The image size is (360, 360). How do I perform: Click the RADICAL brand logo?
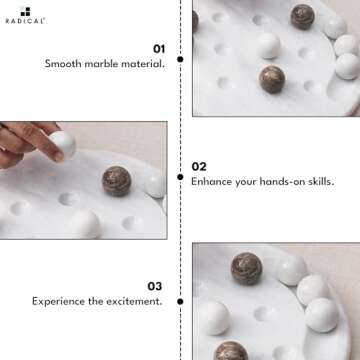[25, 18]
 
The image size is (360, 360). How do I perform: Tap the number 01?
[158, 47]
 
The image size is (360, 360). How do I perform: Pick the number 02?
[199, 166]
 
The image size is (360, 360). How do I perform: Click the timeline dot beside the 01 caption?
[180, 59]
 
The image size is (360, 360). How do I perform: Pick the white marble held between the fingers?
[61, 144]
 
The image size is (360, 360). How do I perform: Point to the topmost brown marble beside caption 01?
[302, 16]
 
